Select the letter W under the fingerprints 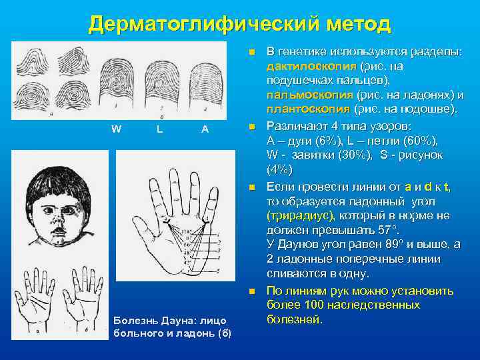tap(117, 129)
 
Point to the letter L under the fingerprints tap(160, 129)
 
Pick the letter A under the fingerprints tap(205, 129)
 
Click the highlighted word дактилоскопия tap(311, 67)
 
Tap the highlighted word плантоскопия tap(307, 109)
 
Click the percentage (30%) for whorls tap(347, 155)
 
